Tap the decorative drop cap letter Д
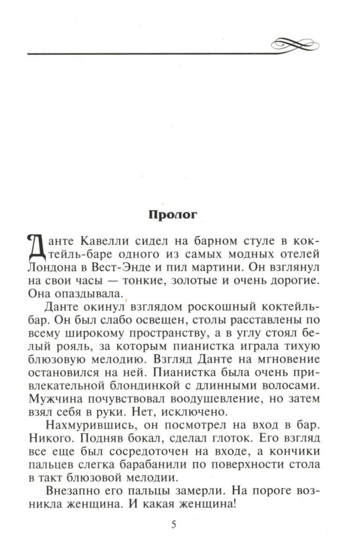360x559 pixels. [36, 246]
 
